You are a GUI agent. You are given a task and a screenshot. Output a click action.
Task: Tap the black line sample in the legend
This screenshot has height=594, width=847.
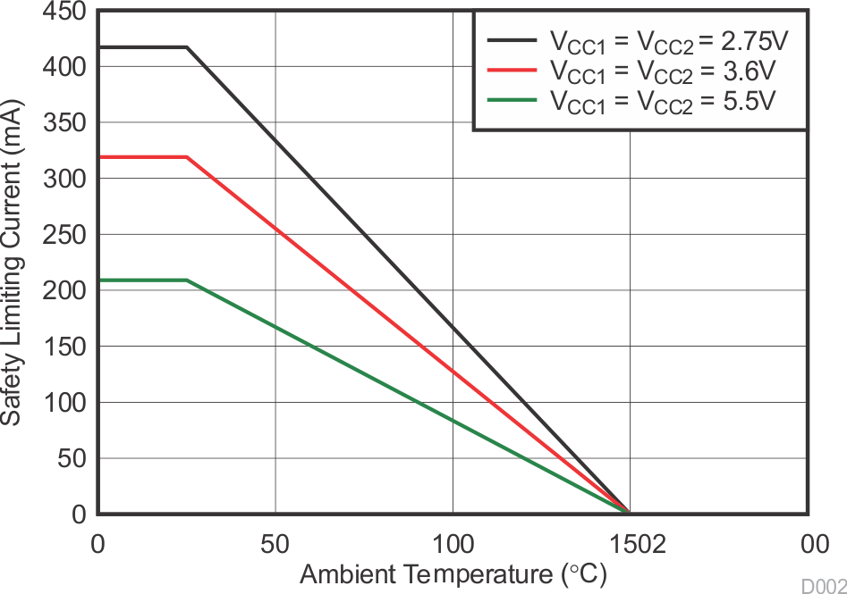(x=512, y=39)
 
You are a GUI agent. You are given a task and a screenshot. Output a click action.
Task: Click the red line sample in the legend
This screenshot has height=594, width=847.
(x=512, y=69)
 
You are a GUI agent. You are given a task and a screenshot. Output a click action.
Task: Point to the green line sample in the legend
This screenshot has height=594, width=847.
(x=512, y=98)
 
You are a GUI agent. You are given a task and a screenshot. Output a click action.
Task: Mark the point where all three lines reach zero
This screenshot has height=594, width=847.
(x=629, y=513)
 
